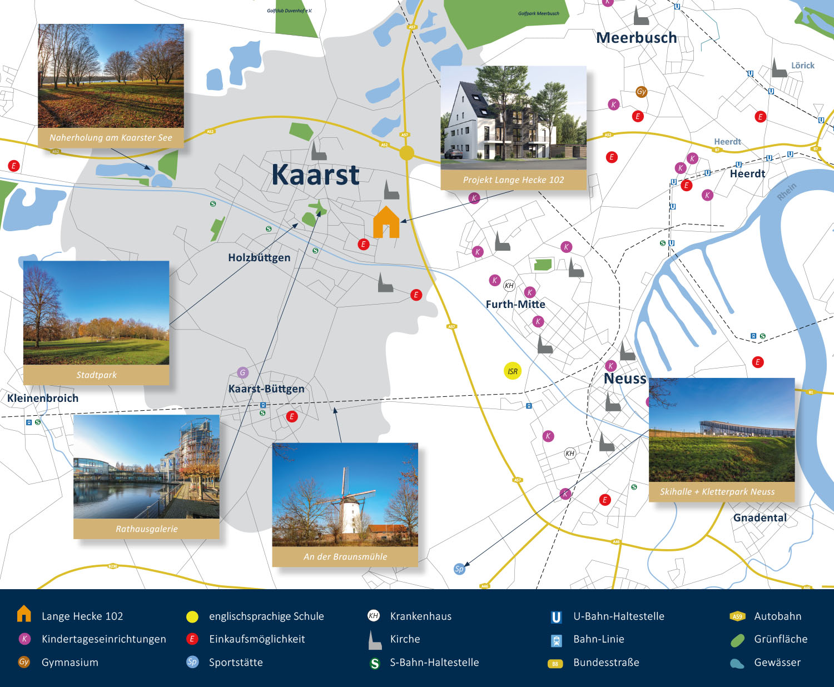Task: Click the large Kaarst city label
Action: [315, 175]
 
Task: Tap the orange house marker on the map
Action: [386, 222]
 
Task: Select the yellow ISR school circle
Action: [513, 371]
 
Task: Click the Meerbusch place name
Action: [637, 38]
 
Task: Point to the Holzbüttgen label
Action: [259, 257]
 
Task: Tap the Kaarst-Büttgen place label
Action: [266, 389]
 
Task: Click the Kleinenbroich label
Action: [43, 398]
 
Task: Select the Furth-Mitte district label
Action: [515, 304]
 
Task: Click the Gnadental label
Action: [760, 517]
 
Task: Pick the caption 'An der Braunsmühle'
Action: [345, 556]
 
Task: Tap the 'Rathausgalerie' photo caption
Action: [147, 529]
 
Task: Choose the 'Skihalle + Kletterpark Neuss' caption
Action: [717, 491]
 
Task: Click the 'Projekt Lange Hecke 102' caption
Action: [513, 180]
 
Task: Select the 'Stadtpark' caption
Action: [96, 375]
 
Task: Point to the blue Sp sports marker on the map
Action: [459, 569]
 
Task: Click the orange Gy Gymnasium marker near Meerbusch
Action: [642, 92]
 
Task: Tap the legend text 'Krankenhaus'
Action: [420, 616]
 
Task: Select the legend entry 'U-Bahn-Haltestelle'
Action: [619, 616]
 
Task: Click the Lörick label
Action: [803, 66]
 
